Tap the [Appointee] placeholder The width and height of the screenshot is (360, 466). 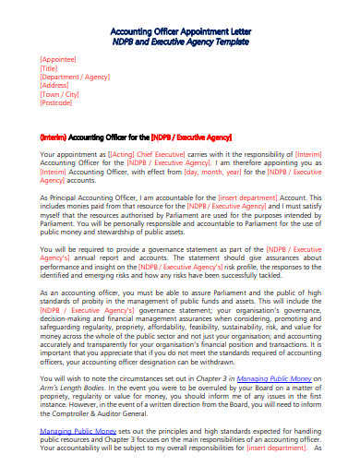point(58,58)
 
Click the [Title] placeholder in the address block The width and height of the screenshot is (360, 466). point(50,68)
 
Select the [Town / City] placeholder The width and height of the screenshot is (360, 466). point(60,99)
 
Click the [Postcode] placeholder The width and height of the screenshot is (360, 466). point(57,109)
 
